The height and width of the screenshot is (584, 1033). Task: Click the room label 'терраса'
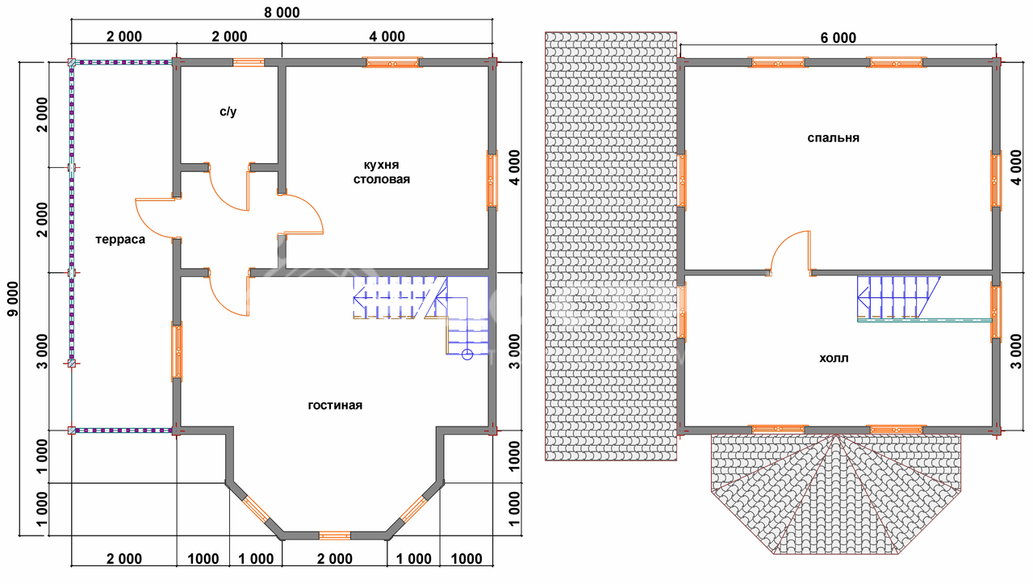[x=120, y=240]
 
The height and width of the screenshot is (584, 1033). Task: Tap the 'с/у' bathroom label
[x=228, y=111]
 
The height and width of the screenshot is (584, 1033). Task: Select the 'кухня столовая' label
[x=382, y=172]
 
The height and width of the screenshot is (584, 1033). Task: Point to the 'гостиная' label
[x=335, y=405]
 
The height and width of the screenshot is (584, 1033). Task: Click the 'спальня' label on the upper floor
[x=834, y=138]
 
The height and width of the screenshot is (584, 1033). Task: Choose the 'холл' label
[x=834, y=359]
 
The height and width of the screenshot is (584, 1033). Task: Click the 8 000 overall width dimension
[x=282, y=12]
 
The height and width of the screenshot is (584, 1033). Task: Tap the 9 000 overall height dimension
[x=14, y=299]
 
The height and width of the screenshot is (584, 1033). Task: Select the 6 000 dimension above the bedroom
[x=838, y=38]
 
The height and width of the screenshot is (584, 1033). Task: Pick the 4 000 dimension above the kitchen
[x=387, y=36]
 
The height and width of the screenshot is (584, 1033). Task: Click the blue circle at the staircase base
[x=467, y=355]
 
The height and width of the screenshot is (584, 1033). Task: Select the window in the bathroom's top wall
[x=249, y=62]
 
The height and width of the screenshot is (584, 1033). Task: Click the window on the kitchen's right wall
[x=492, y=180]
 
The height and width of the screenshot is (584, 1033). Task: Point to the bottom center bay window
[x=335, y=536]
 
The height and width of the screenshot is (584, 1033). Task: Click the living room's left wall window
[x=177, y=351]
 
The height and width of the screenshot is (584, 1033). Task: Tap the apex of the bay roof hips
[x=835, y=435]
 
